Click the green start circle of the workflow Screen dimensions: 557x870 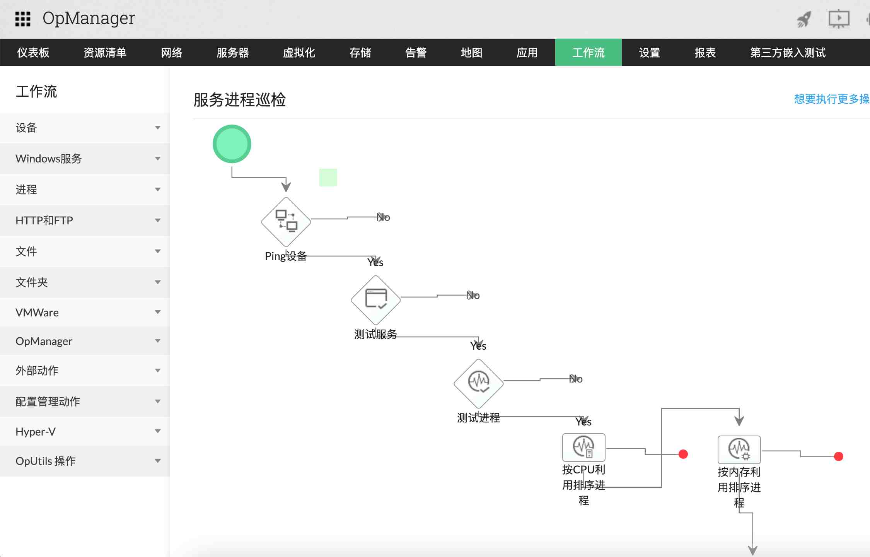(232, 144)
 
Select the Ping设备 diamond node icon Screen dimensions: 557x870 (286, 222)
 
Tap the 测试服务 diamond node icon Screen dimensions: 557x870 (376, 300)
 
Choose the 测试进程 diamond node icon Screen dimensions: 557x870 (479, 383)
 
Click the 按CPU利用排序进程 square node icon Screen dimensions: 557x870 (583, 447)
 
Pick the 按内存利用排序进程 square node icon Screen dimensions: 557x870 (739, 449)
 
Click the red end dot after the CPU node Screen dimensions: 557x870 (683, 454)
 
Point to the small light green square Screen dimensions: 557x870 (328, 178)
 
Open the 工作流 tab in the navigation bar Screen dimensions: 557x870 (588, 53)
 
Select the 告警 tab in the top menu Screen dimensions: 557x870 (416, 53)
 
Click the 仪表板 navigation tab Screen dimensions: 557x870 (33, 53)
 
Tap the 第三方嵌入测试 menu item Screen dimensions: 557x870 (788, 53)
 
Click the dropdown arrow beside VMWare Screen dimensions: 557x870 (158, 312)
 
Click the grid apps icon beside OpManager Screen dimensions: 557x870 (23, 19)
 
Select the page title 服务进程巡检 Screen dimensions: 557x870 (239, 100)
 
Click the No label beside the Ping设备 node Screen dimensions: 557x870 (384, 217)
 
